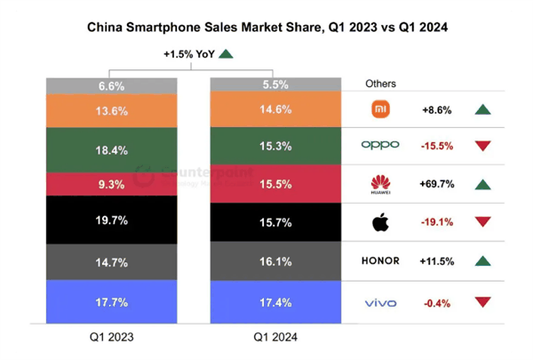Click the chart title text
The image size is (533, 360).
click(266, 28)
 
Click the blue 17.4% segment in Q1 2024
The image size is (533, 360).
click(274, 303)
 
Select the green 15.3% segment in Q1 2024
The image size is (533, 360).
click(274, 146)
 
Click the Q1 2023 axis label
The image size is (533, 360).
click(113, 337)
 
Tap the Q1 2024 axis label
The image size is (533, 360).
click(274, 337)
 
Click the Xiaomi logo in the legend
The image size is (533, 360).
click(380, 110)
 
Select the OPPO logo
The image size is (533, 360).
click(380, 145)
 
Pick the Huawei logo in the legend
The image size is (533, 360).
click(380, 185)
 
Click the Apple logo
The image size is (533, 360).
click(380, 222)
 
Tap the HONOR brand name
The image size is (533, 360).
click(380, 261)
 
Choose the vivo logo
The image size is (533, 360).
click(380, 303)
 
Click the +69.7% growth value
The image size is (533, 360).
click(437, 184)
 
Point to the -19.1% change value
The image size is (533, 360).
click(437, 222)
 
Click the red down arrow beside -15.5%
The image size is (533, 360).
click(483, 146)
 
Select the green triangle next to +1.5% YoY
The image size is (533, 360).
click(226, 54)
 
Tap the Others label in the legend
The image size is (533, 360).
click(380, 84)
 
